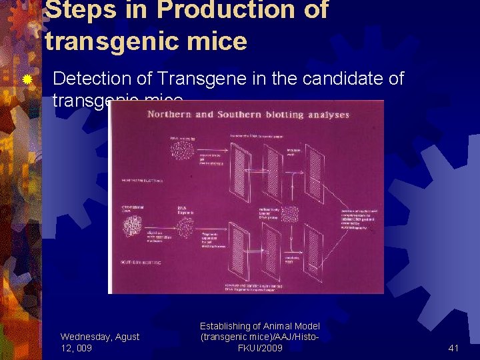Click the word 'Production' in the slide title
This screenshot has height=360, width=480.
coord(223,9)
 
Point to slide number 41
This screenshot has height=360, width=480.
coord(453,347)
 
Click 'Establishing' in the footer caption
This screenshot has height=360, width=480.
coord(227,326)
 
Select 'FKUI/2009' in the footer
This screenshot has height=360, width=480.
coord(260,348)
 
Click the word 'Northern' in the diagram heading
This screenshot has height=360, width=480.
coord(172,114)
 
